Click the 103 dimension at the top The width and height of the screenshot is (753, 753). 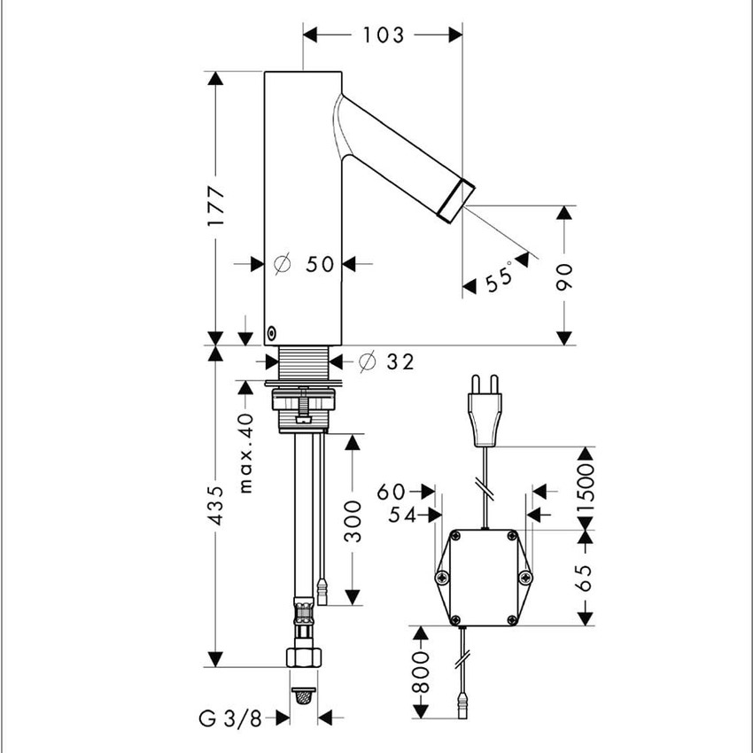[383, 35]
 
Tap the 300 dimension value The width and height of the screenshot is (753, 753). [353, 520]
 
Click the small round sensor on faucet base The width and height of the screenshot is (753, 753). [271, 333]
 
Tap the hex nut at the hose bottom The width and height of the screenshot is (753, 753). [304, 657]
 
